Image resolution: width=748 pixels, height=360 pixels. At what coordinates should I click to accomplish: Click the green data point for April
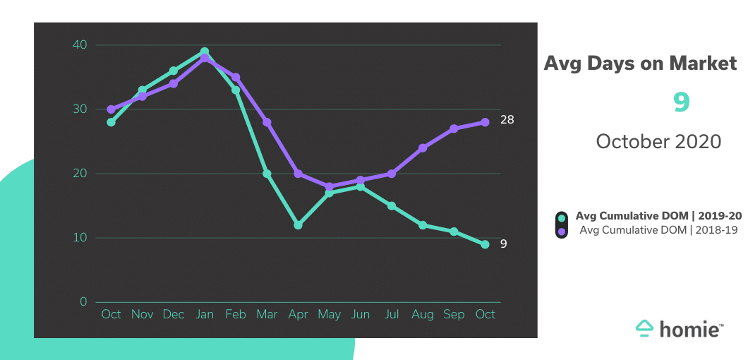pos(298,225)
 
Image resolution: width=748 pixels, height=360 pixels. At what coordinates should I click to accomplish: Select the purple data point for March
pos(267,122)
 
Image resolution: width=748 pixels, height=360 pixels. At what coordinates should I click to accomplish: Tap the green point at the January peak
pos(204,52)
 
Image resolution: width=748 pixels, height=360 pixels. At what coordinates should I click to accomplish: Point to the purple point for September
pos(454,128)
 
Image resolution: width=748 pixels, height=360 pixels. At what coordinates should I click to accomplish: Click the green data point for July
pos(392,205)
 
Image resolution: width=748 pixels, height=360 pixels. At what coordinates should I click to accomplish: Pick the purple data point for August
pos(423,148)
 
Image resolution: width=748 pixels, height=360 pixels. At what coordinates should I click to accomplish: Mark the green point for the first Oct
pos(111,122)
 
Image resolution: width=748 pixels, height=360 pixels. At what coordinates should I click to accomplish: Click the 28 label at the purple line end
pos(507,120)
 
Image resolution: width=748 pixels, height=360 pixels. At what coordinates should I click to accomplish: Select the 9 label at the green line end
pos(504,244)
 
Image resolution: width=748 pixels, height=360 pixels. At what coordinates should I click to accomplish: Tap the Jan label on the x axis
pos(204,314)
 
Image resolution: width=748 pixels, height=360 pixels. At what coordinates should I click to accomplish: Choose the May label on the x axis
pos(329,314)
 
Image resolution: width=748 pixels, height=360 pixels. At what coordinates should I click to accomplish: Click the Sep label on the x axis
pos(454,314)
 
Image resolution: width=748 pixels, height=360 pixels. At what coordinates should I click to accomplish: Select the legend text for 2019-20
pos(658,216)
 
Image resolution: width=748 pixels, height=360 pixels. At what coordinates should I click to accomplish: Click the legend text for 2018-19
pos(658,230)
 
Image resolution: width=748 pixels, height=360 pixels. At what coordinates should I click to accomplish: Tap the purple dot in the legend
pos(562,231)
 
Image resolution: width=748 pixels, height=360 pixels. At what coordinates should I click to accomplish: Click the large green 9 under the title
pos(681,103)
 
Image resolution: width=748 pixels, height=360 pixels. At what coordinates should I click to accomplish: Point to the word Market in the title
pos(703,64)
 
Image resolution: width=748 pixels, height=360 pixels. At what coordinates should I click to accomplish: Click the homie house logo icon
pos(644,327)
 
